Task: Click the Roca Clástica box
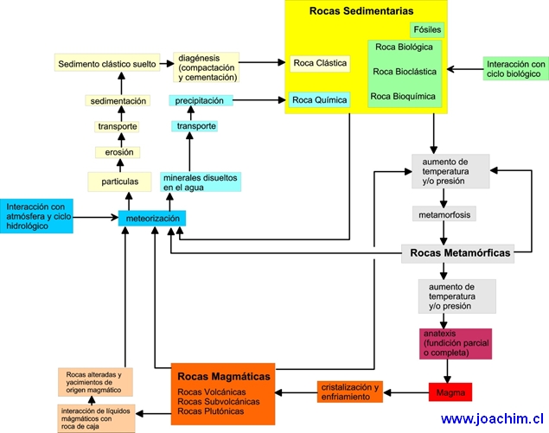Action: (320, 63)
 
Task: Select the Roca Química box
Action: (319, 100)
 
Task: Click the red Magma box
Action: (450, 392)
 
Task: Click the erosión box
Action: (117, 153)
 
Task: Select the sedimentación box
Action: (117, 100)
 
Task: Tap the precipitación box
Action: (200, 100)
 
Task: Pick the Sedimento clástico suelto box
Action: (108, 63)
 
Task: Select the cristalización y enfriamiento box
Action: (349, 392)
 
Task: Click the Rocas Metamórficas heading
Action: (457, 253)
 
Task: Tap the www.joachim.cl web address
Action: (491, 418)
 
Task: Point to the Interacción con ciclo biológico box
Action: (514, 69)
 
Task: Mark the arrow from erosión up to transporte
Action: (117, 140)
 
